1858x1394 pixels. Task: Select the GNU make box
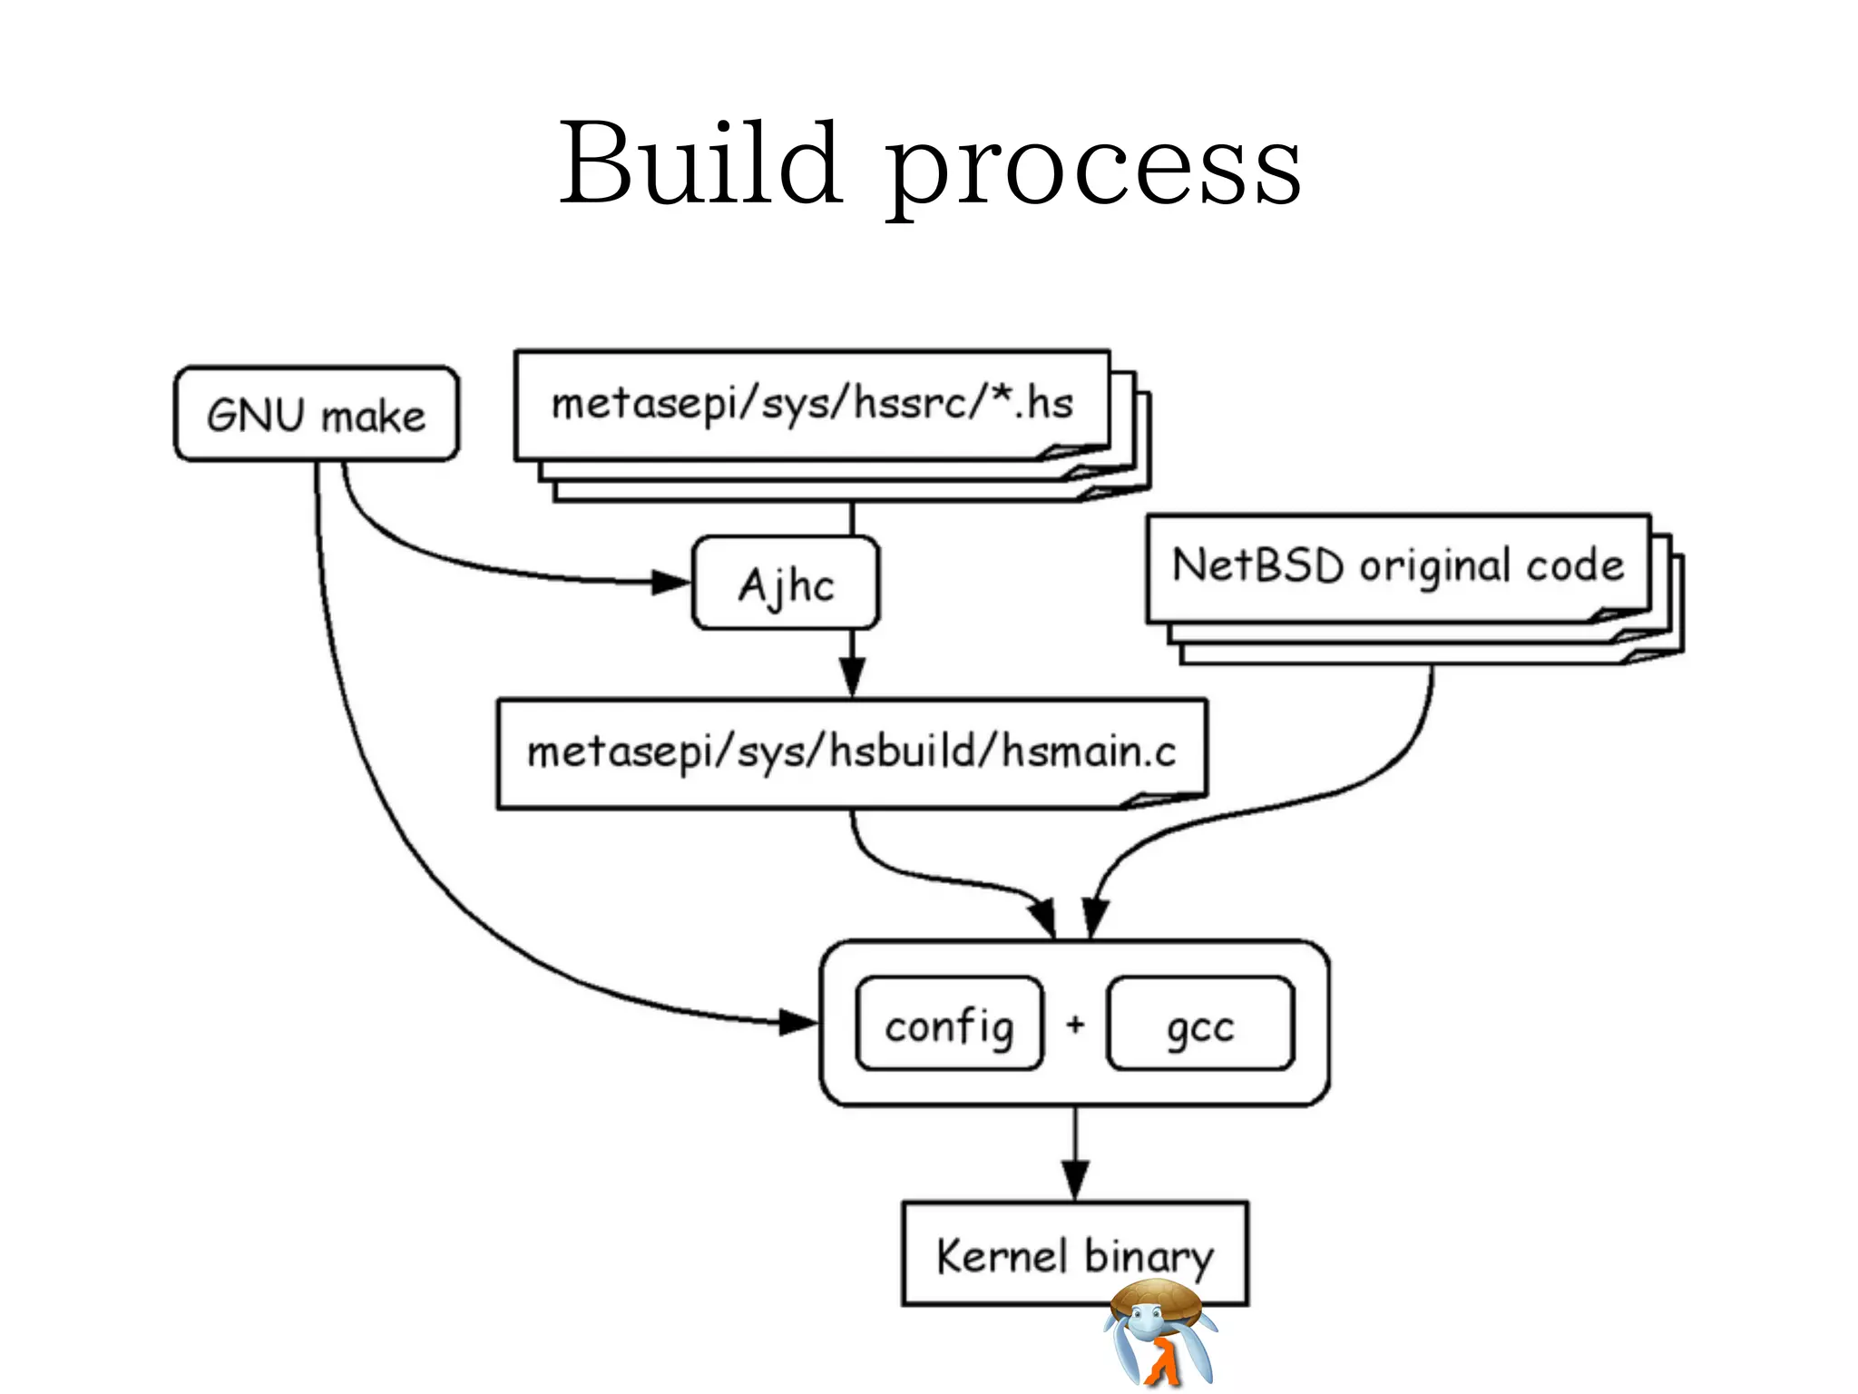pyautogui.click(x=317, y=415)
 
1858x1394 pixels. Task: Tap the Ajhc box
pyautogui.click(x=786, y=584)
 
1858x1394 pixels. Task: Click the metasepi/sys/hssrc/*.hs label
pyautogui.click(x=812, y=404)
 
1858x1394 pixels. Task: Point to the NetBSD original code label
pyautogui.click(x=1397, y=565)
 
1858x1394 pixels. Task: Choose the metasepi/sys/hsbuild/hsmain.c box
pyautogui.click(x=851, y=752)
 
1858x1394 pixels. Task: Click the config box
pyautogui.click(x=949, y=1025)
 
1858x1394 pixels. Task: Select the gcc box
pyautogui.click(x=1200, y=1025)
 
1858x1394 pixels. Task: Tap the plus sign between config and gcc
pyautogui.click(x=1075, y=1025)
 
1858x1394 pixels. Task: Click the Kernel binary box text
pyautogui.click(x=1074, y=1256)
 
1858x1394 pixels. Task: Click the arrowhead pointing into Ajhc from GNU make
pyautogui.click(x=671, y=582)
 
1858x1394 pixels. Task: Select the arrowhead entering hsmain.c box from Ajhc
pyautogui.click(x=852, y=677)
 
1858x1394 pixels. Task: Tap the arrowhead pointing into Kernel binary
pyautogui.click(x=1075, y=1180)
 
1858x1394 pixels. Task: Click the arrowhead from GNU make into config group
pyautogui.click(x=797, y=1023)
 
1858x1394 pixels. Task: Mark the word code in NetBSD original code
pyautogui.click(x=1575, y=565)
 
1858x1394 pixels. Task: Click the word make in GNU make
pyautogui.click(x=373, y=417)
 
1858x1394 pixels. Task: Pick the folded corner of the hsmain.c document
pyautogui.click(x=1161, y=799)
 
